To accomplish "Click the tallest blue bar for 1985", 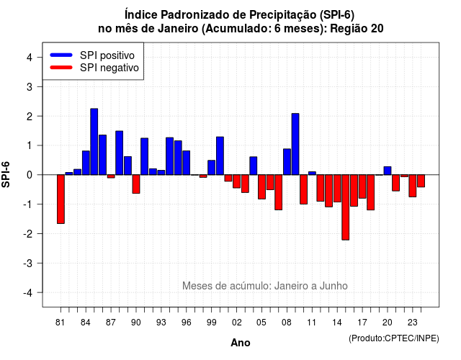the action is (x=94, y=142).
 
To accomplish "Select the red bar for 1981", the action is (x=61, y=199).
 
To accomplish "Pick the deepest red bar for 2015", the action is (x=346, y=207).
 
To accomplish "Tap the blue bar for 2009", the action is (x=295, y=144).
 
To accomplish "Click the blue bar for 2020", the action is (x=388, y=171).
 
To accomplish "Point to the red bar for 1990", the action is (x=136, y=184).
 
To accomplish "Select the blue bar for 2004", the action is (x=254, y=166).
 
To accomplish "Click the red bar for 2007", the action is (x=279, y=192).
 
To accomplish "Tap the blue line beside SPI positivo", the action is (x=61, y=55).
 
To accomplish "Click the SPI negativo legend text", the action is (x=109, y=68).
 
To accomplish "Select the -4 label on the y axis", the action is (x=28, y=293).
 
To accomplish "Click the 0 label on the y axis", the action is (x=29, y=175).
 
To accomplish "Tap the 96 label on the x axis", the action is (x=186, y=323).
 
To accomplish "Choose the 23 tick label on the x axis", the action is (x=413, y=323).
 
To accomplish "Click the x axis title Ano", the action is (x=241, y=343).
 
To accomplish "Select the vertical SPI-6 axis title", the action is (x=6, y=174).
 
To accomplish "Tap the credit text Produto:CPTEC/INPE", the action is (x=394, y=338).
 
